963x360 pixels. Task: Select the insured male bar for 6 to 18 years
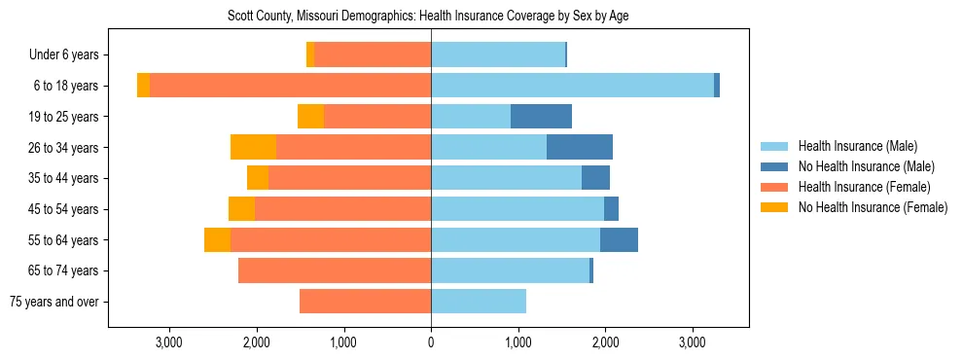[572, 86]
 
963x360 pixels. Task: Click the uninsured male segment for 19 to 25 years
[541, 117]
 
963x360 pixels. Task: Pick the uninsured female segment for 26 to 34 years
[253, 147]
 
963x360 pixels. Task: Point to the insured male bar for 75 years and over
[479, 302]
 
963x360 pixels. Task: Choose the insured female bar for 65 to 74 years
[335, 270]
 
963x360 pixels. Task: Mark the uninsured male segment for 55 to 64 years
[619, 239]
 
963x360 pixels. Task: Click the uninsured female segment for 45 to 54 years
[241, 209]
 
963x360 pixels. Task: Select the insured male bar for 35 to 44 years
[506, 178]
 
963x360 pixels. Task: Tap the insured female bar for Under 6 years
[373, 54]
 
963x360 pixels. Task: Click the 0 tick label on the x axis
[431, 342]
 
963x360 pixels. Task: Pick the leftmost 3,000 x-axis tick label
[169, 342]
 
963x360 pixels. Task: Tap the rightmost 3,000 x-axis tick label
[692, 342]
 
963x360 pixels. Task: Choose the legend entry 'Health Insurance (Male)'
[857, 146]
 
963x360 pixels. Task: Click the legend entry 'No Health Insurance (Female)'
[872, 207]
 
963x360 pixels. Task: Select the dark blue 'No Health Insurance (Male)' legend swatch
[775, 166]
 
